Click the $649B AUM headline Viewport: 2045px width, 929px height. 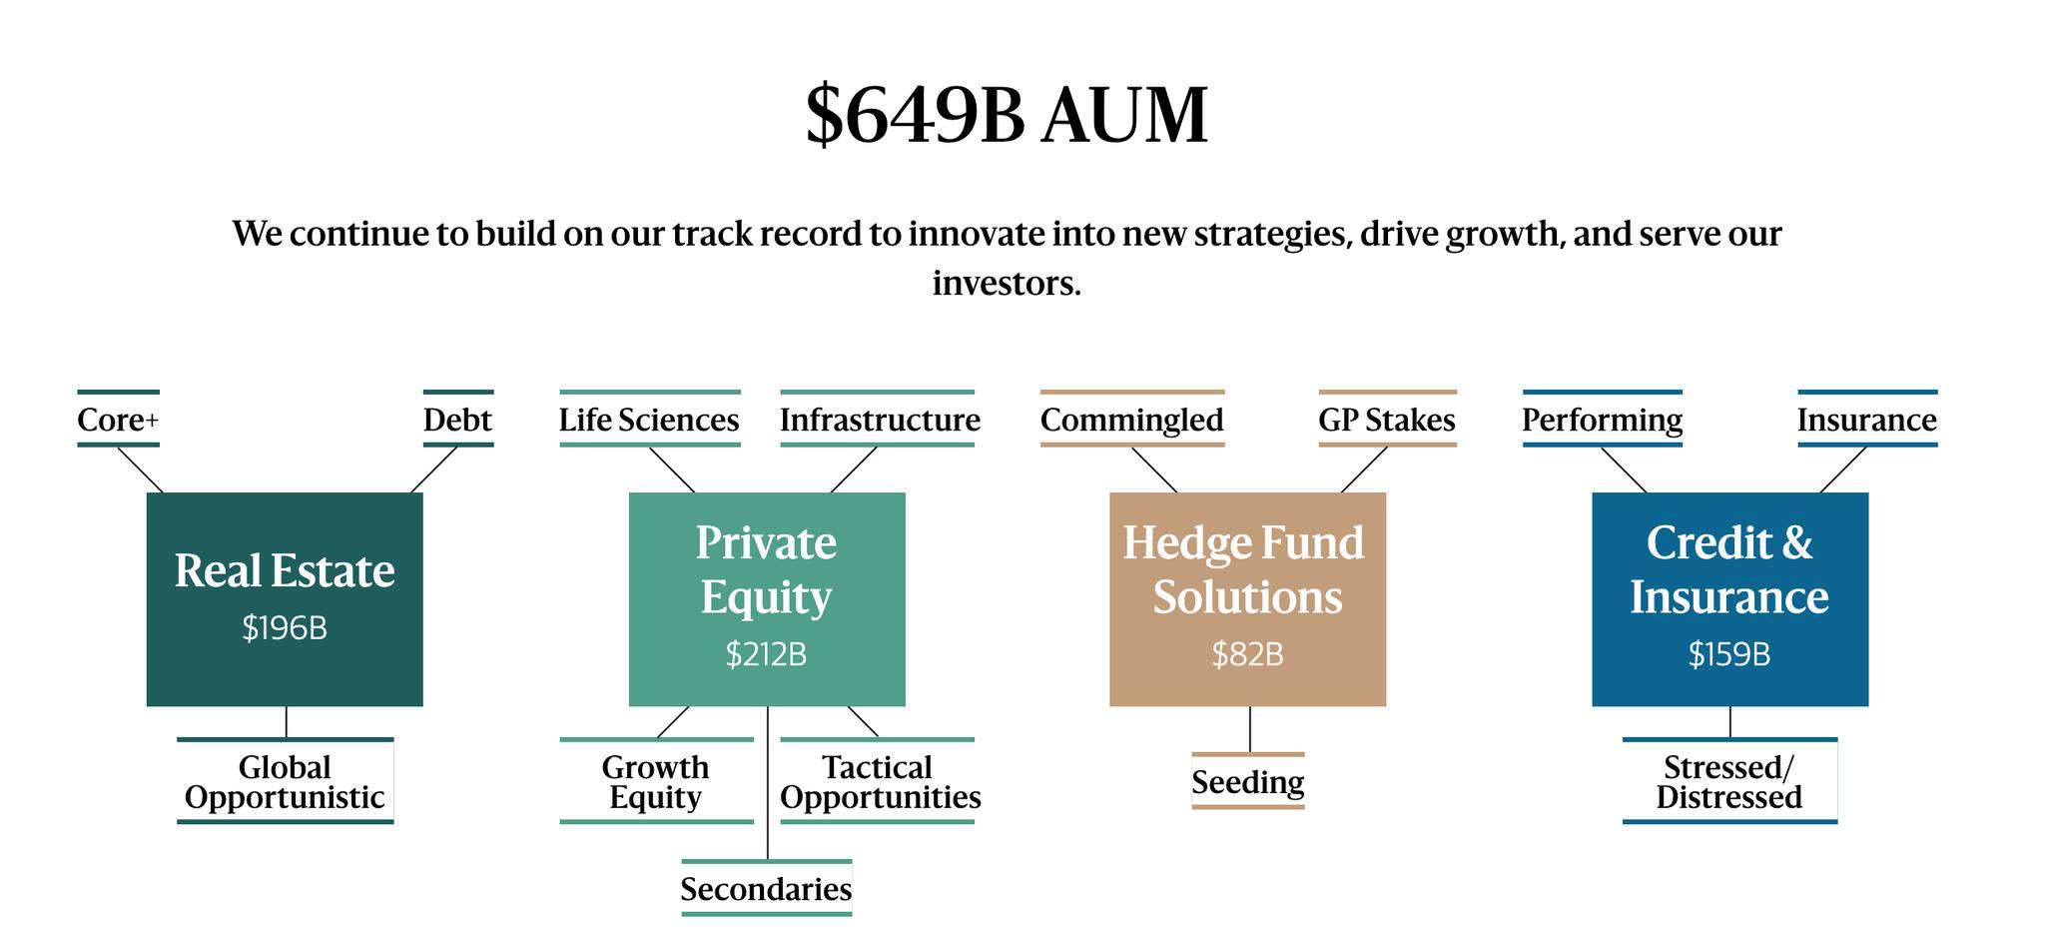point(1007,115)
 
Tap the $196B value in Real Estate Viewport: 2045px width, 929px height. point(285,628)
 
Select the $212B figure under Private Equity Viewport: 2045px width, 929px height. point(766,654)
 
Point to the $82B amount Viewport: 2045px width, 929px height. point(1247,654)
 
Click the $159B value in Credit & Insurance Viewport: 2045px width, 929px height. point(1729,654)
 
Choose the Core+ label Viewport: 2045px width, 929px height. point(118,420)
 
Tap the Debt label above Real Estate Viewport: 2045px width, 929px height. point(457,420)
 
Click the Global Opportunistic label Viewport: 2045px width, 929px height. point(285,782)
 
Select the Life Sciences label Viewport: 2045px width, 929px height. point(649,420)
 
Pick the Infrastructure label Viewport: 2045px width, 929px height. point(880,420)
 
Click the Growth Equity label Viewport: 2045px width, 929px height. point(655,782)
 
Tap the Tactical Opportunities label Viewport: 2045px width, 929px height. point(880,782)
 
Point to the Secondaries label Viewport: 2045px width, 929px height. point(766,889)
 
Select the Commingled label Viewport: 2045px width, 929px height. point(1131,420)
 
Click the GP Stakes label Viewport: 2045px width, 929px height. point(1387,420)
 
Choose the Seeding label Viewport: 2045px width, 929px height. point(1247,782)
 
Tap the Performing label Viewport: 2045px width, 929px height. point(1602,420)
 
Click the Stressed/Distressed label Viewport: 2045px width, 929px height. point(1729,782)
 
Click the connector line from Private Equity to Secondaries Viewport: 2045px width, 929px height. point(767,782)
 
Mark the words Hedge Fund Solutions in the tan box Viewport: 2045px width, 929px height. point(1244,569)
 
